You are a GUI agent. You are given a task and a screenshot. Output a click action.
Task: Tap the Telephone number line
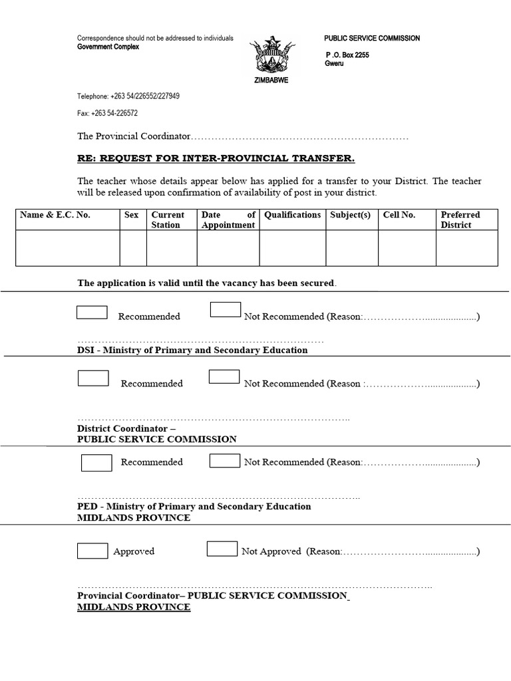click(x=128, y=96)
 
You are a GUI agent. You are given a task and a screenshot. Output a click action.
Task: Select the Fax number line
click(x=108, y=113)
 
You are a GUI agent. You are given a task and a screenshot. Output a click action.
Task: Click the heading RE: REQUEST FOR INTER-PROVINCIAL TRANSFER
click(x=216, y=158)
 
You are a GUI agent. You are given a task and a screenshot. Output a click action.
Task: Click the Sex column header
click(x=132, y=215)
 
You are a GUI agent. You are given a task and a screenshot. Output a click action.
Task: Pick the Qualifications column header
click(x=292, y=215)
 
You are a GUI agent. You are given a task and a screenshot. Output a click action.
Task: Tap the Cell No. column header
click(x=399, y=215)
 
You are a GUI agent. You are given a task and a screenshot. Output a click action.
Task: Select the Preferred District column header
click(x=460, y=219)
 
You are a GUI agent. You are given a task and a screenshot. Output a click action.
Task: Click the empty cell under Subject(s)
click(x=351, y=248)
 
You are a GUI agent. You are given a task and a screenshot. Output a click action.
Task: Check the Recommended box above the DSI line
click(x=92, y=312)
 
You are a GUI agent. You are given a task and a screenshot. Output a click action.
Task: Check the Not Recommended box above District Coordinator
click(x=224, y=376)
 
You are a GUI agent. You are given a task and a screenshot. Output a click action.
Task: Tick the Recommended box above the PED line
click(x=96, y=462)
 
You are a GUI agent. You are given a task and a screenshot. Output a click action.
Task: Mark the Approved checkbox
click(x=92, y=551)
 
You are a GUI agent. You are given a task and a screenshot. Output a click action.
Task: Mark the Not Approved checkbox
click(x=222, y=549)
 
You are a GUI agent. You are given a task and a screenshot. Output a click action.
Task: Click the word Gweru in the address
click(x=334, y=64)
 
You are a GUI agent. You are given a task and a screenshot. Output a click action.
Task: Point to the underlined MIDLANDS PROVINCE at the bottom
click(x=134, y=608)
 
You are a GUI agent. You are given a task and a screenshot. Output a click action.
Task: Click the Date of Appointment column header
click(x=228, y=219)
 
